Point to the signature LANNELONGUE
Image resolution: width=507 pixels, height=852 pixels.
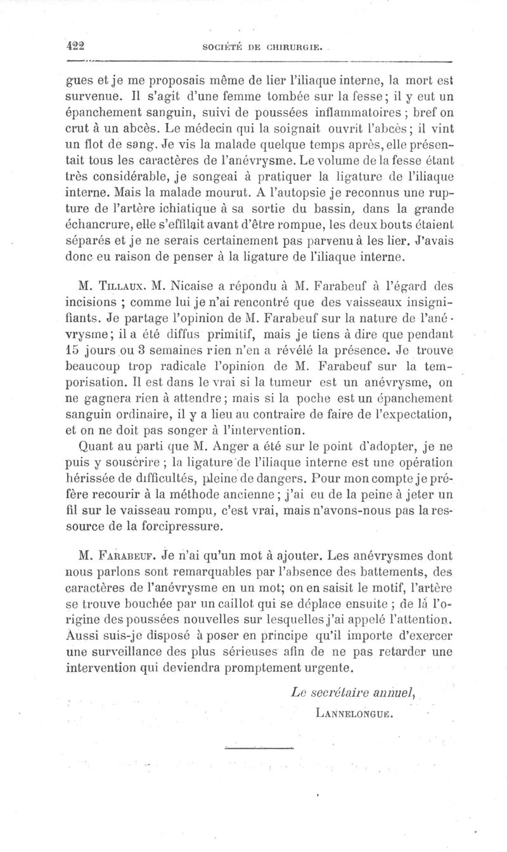(349, 711)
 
